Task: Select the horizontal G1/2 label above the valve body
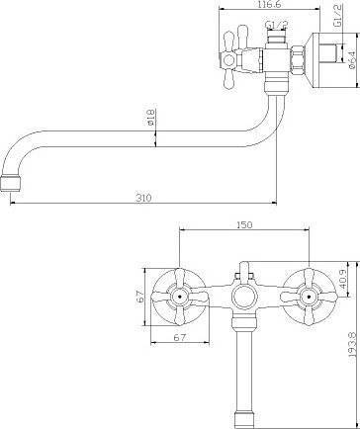click(277, 25)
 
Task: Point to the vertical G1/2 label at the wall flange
click(337, 17)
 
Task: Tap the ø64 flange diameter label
click(352, 60)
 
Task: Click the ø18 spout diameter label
click(150, 118)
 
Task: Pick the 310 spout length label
click(143, 198)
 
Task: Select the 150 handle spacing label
click(244, 224)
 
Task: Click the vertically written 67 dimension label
click(140, 297)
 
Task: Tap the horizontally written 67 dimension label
click(180, 338)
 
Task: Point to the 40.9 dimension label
click(342, 279)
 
